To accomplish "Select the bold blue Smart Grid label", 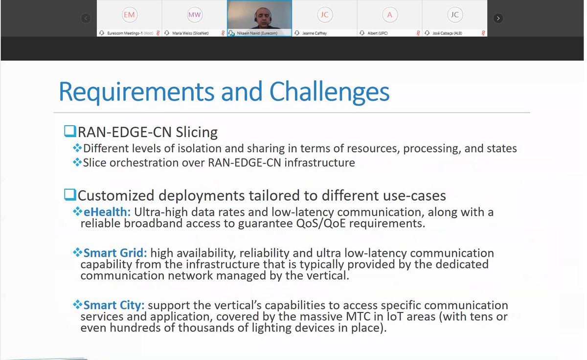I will click(115, 253).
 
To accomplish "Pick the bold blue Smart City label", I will click(114, 306).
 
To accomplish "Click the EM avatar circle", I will click(129, 15).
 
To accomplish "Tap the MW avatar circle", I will click(194, 15).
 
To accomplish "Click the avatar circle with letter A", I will click(389, 15).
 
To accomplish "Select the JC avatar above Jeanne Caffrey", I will click(324, 15).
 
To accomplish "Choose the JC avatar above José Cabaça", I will click(454, 15).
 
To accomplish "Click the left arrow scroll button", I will click(86, 18).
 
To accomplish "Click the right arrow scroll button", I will click(497, 18).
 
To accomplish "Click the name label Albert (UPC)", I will click(378, 33).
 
